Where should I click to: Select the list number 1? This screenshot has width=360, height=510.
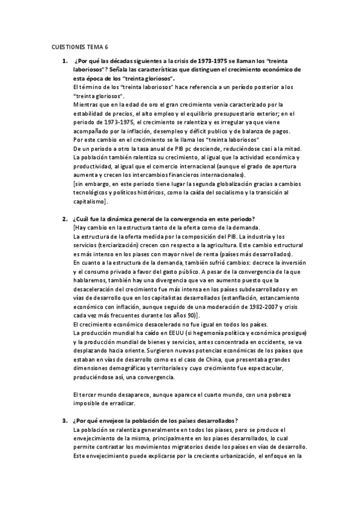click(64, 62)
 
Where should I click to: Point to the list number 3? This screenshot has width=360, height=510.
click(64, 420)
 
